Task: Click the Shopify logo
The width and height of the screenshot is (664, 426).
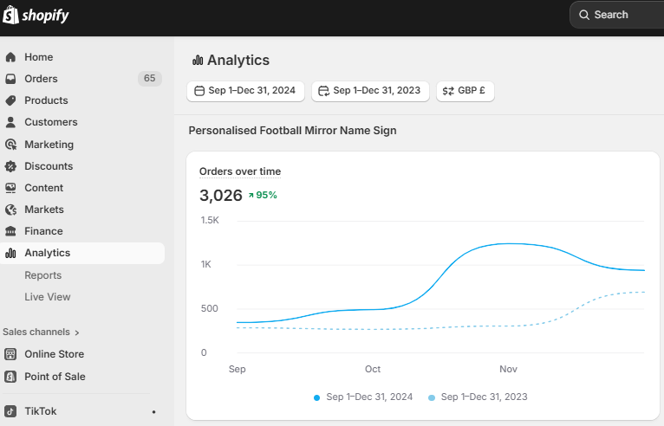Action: coord(36,16)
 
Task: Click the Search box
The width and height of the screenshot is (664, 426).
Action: coord(615,15)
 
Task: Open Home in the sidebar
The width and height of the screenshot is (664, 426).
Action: coord(38,57)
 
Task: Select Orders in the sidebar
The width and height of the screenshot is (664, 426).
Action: coord(41,79)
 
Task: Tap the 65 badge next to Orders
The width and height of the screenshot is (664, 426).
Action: coord(149,79)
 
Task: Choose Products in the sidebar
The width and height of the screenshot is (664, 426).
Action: coord(46,100)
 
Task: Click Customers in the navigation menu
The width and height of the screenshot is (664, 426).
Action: coord(50,122)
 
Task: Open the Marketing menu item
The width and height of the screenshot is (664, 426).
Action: coord(49,145)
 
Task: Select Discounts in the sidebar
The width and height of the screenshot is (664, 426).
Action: coord(49,166)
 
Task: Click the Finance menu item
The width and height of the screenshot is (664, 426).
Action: coord(43,231)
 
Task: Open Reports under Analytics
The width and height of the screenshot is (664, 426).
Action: coord(42,275)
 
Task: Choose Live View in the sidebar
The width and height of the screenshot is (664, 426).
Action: coord(48,297)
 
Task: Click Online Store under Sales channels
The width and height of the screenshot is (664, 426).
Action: coord(54,354)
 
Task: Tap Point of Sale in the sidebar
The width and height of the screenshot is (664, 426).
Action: coord(55,377)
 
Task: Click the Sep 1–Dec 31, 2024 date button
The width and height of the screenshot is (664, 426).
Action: coord(245,91)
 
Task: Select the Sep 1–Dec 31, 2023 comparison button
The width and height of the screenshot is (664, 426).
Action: coord(370,91)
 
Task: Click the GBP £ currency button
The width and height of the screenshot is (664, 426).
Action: coord(465,91)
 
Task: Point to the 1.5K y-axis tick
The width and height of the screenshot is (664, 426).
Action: coord(210,221)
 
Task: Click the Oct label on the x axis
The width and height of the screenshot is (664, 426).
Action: coord(373,369)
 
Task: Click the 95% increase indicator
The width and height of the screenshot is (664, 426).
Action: coord(262,195)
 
